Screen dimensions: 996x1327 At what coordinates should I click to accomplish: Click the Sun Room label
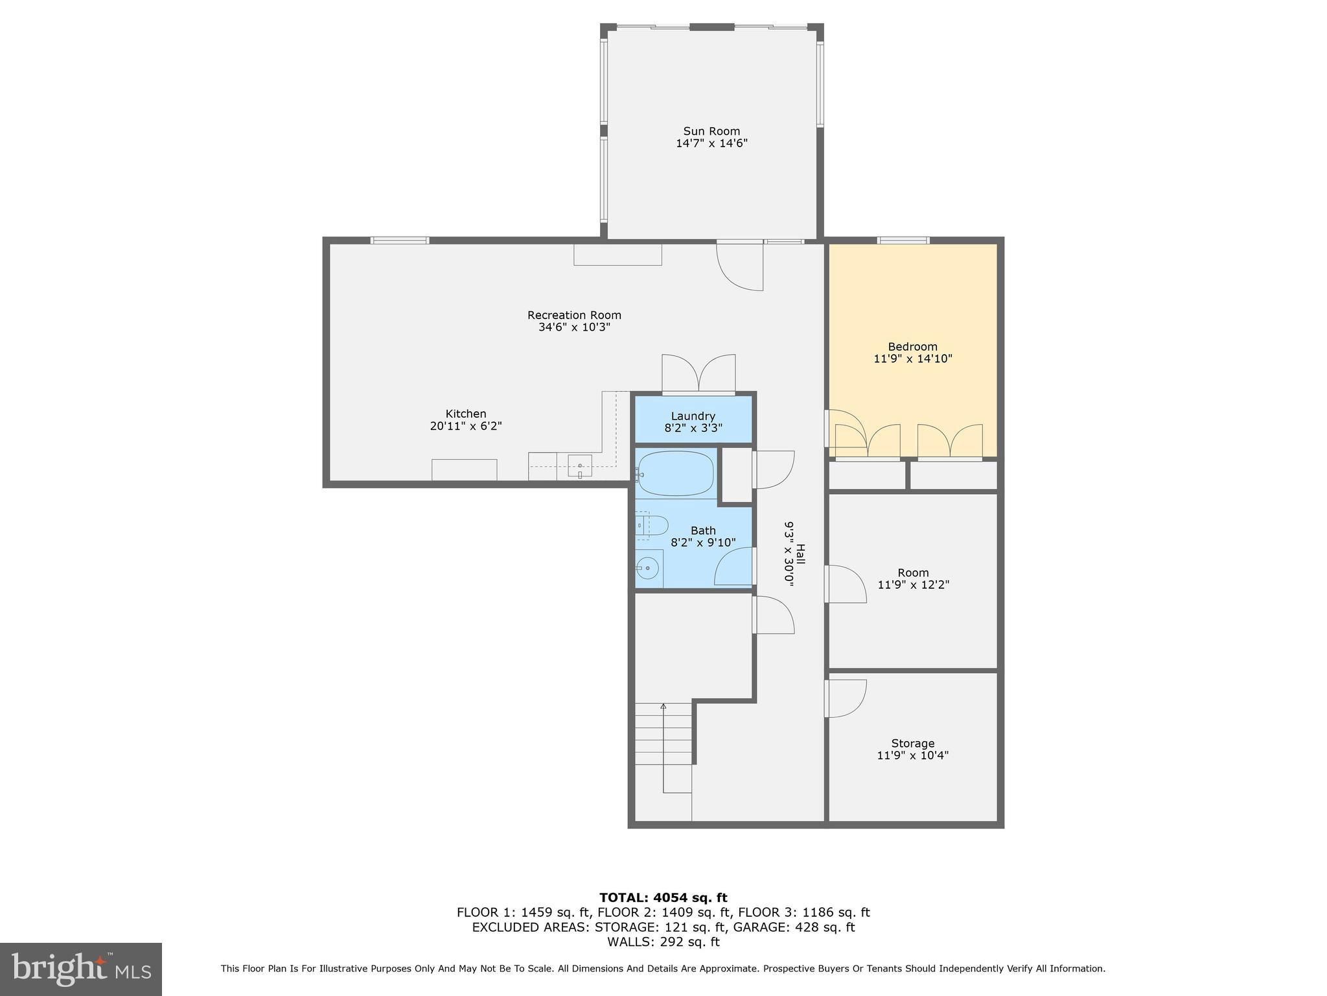point(711,131)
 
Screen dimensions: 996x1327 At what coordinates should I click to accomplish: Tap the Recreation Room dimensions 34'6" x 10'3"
point(574,327)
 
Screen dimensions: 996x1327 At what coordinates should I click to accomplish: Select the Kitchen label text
point(465,414)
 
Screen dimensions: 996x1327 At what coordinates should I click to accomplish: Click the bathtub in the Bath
point(675,473)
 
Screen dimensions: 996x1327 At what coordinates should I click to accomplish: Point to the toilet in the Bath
point(651,525)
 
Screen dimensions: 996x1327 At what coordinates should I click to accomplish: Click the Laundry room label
point(693,416)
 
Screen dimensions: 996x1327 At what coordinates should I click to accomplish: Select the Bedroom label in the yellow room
point(912,346)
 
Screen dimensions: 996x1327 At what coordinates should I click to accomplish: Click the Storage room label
point(912,743)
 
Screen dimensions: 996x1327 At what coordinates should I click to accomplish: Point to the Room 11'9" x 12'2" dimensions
point(913,585)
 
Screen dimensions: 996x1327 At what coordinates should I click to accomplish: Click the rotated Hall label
point(800,555)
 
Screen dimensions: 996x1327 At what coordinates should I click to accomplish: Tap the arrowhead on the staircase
point(663,705)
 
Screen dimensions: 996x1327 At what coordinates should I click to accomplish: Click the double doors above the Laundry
point(698,374)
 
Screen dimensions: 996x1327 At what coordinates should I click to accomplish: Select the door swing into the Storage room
point(846,698)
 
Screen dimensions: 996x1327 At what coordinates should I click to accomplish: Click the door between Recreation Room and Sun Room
point(740,266)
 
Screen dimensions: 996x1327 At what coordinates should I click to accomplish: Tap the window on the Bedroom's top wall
point(903,241)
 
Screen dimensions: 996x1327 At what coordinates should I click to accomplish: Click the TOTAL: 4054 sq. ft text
point(663,897)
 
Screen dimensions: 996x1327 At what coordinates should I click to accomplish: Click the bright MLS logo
point(80,969)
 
